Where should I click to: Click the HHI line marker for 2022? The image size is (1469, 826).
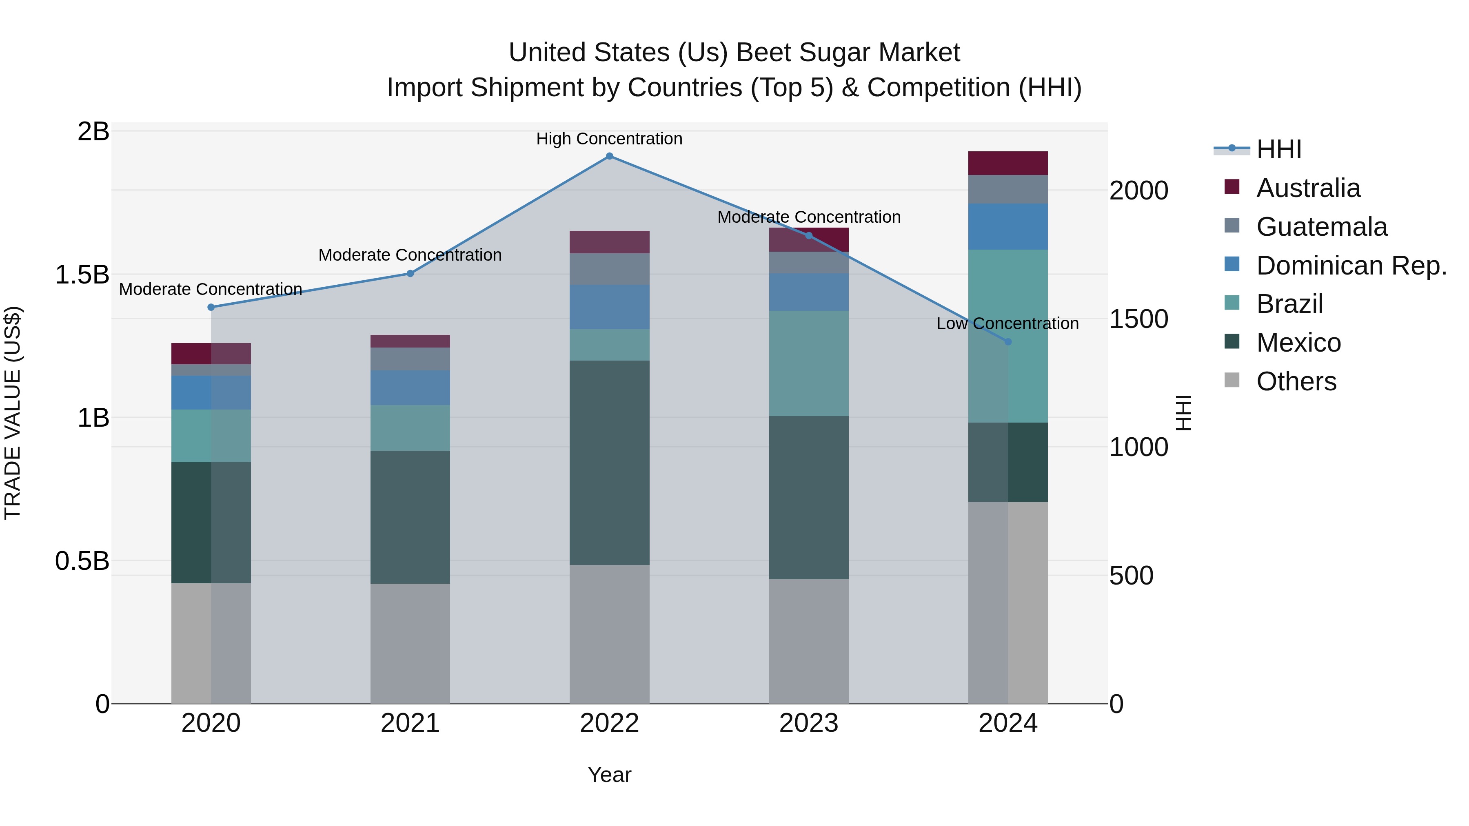609,156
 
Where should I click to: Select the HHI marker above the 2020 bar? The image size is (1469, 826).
211,307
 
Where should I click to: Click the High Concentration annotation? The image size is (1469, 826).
609,139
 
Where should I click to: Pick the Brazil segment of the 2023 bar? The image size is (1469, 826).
809,363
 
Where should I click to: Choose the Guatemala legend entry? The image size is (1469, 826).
1321,227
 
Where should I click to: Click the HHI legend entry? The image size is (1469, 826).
1278,149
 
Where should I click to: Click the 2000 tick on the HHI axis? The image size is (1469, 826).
1138,190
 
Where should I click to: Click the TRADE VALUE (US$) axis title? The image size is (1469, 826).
13,413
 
